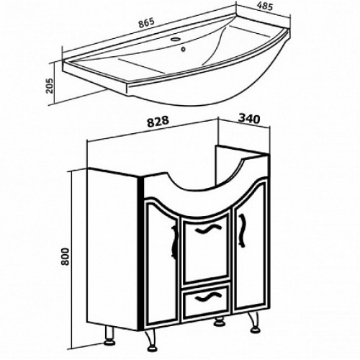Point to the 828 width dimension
[x=158, y=121]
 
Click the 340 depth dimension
[x=249, y=119]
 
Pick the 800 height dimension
[x=65, y=256]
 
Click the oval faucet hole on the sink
[x=176, y=39]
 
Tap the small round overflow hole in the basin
[x=184, y=49]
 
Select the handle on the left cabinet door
[x=174, y=242]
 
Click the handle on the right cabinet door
[x=242, y=230]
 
